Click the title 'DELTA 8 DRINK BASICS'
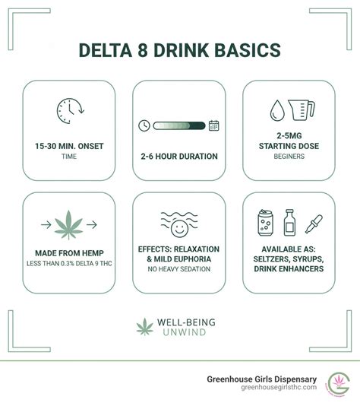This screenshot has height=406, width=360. coord(180,51)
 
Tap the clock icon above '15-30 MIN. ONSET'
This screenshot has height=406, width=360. coord(69,112)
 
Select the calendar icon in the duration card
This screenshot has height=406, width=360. coord(214,125)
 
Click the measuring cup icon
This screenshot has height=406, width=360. coord(302,111)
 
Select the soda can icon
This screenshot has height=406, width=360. coord(265,224)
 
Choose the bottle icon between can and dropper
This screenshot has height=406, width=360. coord(289,223)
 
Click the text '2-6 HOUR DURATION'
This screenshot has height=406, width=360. coord(179,157)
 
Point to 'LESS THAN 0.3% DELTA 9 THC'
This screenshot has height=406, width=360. coord(69,264)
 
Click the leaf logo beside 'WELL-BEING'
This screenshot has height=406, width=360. coord(144,327)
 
